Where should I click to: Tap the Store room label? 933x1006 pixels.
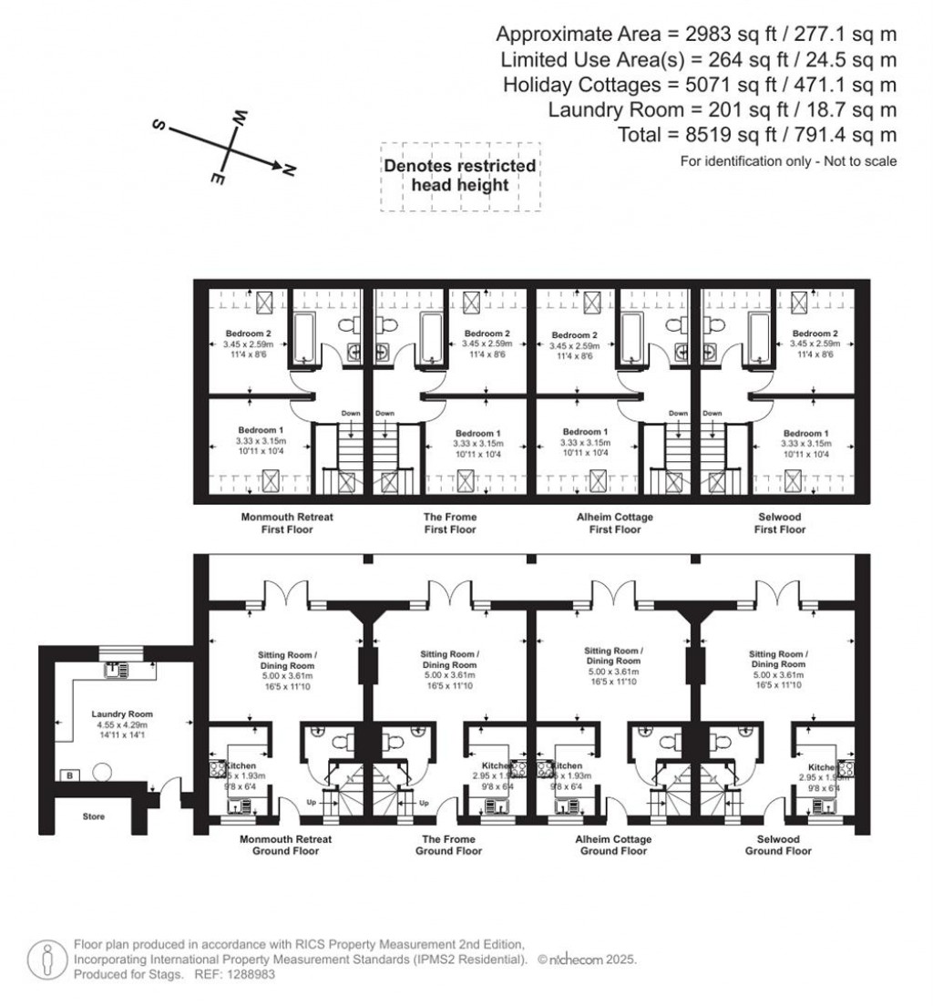click(93, 816)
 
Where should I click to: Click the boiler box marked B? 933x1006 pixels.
click(68, 775)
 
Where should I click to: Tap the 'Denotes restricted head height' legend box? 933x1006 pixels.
click(459, 176)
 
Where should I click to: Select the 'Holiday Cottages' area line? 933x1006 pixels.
click(700, 85)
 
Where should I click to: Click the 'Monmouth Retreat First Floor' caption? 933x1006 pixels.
click(287, 523)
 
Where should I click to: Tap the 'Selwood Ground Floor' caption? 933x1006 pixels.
click(777, 845)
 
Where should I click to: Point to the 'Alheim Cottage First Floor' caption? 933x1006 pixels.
click(614, 523)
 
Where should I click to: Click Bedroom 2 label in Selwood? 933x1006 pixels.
click(815, 334)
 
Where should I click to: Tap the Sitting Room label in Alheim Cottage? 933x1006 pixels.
click(613, 656)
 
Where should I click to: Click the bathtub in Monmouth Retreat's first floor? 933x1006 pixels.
click(304, 341)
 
